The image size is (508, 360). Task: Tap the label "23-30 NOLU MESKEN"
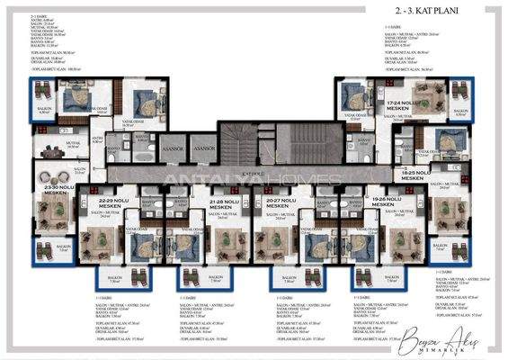coord(56,189)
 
